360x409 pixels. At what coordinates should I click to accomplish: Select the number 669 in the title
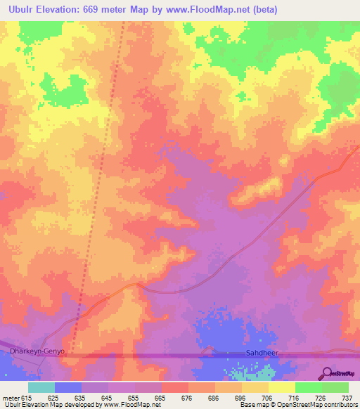tap(98, 9)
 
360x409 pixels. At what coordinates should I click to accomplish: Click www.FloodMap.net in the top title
tap(203, 9)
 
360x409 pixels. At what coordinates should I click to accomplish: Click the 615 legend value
tap(25, 398)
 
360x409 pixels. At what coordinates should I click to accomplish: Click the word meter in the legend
tap(11, 398)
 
